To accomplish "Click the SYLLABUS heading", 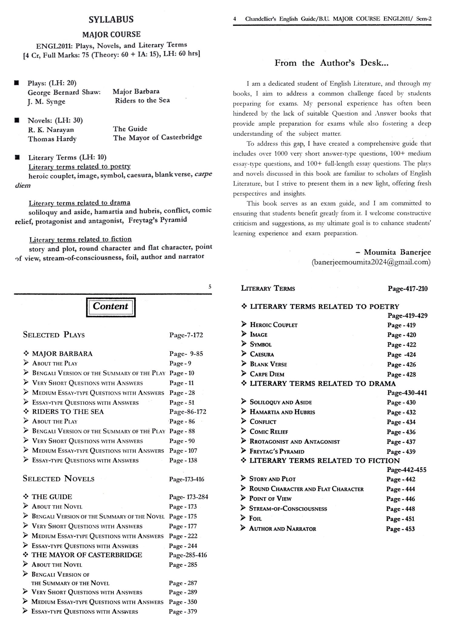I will coord(111,19).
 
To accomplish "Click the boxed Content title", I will coord(110,306).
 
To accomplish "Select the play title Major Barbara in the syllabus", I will coord(136,91).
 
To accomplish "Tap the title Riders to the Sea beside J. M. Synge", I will coord(142,100).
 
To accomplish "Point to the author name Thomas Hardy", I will coord(52,139).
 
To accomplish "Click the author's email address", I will coord(371,262).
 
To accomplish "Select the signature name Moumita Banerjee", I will coord(397,252).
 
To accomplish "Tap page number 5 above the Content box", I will coord(210,287).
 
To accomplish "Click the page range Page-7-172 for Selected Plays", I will coord(186,335).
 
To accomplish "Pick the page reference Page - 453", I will coord(400,529).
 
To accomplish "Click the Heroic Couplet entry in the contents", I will coord(273,325).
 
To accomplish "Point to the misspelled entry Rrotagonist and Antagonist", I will coord(294,442).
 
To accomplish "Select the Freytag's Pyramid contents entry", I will coord(277,451).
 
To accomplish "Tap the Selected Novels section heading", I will coord(59,479).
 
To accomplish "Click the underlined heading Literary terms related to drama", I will coord(79,203).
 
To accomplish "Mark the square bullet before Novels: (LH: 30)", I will coord(17,120).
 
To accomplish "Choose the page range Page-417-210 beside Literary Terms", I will coord(407,289).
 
